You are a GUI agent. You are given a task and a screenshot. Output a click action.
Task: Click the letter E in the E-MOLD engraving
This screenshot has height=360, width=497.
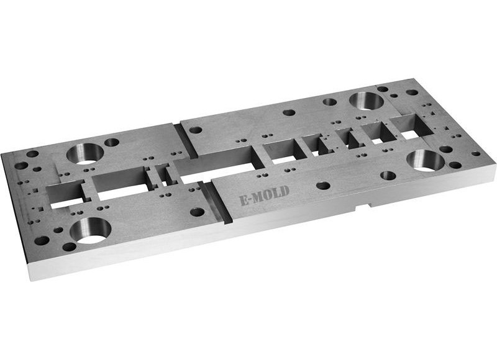[x=244, y=200]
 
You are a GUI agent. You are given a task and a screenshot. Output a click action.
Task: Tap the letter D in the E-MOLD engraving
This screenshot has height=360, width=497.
[x=285, y=191]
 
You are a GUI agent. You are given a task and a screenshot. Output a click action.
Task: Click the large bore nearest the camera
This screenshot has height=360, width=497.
[x=91, y=229]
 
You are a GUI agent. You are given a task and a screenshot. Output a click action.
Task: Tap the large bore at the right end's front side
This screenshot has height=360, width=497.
[x=426, y=160]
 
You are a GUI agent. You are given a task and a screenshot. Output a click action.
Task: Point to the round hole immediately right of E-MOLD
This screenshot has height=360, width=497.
[x=322, y=185]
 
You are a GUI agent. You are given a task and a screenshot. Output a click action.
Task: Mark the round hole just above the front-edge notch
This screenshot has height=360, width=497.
[x=388, y=176]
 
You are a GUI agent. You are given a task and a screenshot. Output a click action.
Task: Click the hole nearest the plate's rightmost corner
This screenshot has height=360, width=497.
[x=476, y=153]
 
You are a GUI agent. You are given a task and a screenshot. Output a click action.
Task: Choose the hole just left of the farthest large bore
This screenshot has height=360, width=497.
[x=330, y=102]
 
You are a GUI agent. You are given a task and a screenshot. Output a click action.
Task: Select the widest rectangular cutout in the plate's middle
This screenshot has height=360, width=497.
[x=214, y=164]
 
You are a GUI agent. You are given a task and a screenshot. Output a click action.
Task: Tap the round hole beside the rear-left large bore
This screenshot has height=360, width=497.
[x=112, y=142]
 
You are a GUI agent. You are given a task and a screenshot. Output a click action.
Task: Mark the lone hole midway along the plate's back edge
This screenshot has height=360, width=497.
[x=289, y=113]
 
